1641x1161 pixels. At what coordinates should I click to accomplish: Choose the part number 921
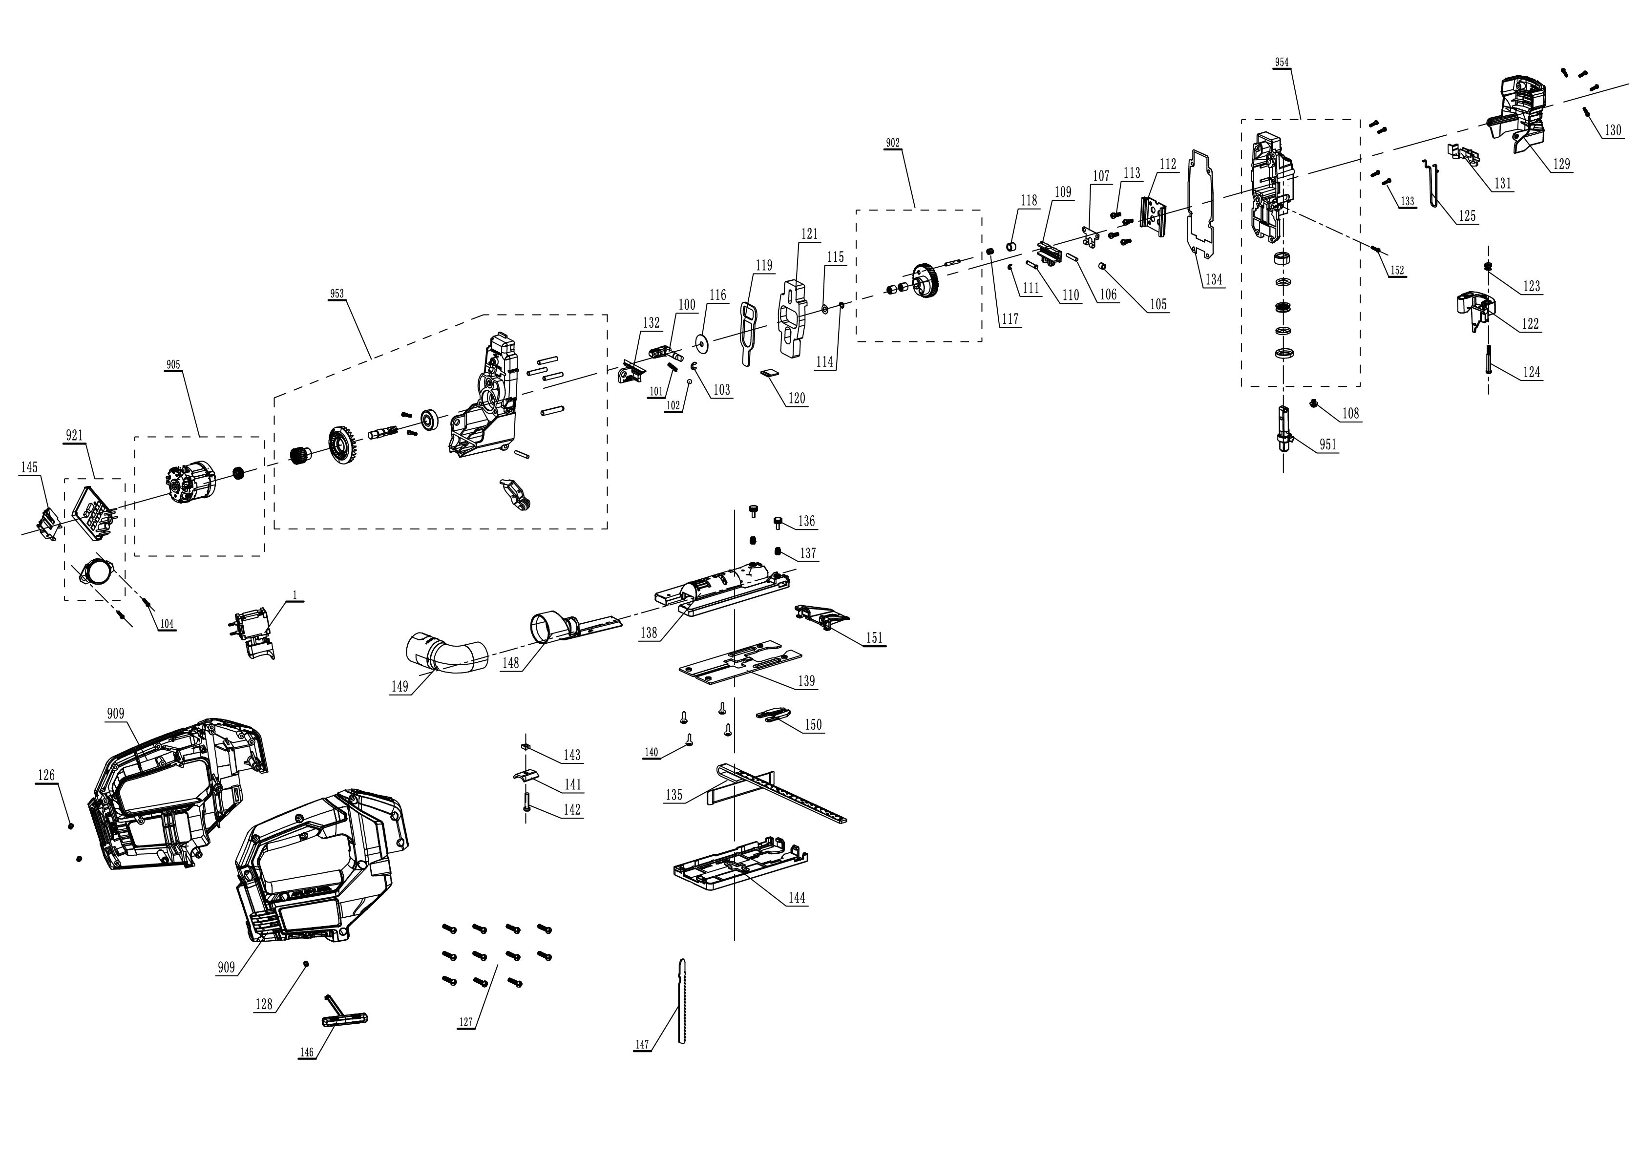(74, 435)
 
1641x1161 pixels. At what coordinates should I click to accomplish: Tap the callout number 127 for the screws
(466, 1022)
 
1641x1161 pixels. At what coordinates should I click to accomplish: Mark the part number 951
(1327, 444)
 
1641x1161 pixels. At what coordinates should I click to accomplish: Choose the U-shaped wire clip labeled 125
(1434, 186)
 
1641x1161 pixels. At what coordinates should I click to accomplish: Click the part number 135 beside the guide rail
(674, 795)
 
